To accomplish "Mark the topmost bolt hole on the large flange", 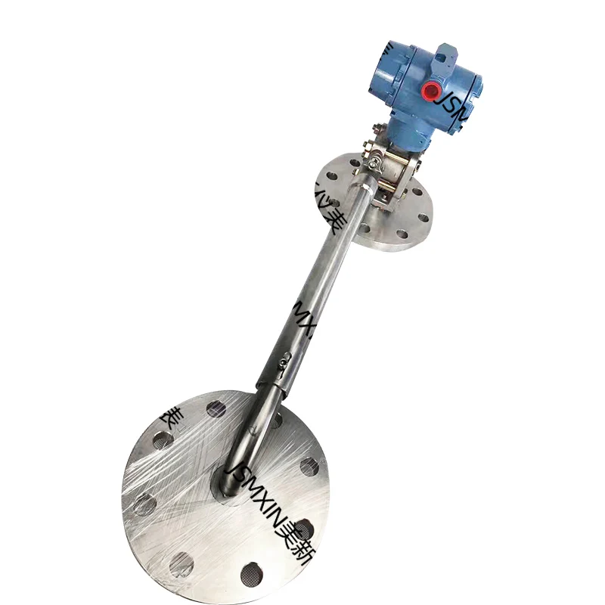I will pyautogui.click(x=216, y=409).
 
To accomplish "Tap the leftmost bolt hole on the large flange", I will pyautogui.click(x=145, y=504).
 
